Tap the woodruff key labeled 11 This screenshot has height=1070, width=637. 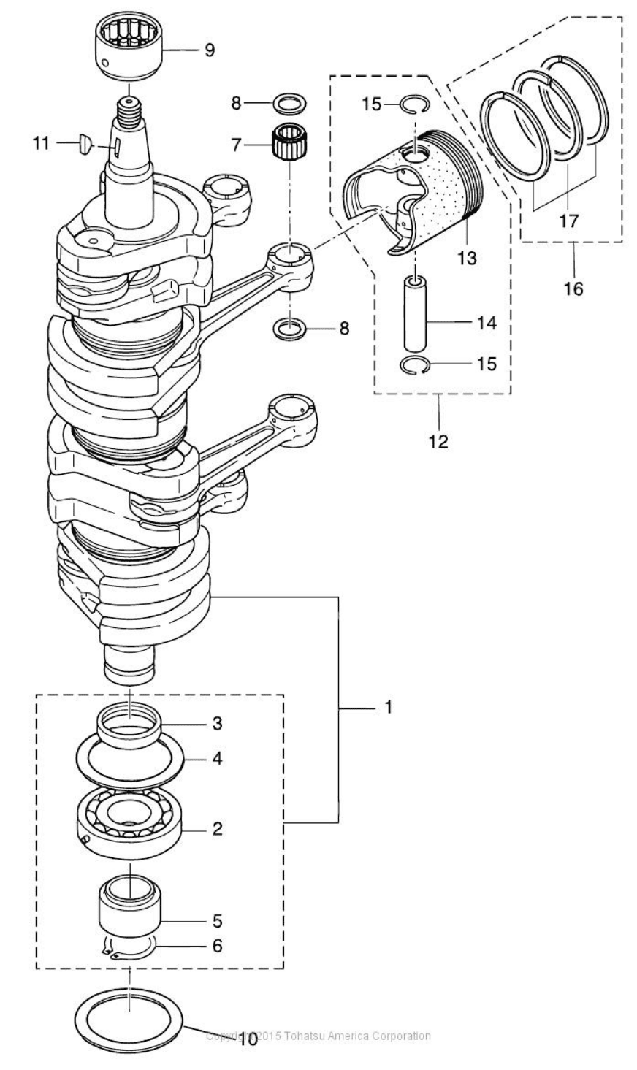click(85, 144)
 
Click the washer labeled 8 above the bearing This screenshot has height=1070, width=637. click(289, 104)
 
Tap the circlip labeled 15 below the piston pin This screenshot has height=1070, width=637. click(413, 364)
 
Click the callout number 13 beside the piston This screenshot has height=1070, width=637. click(466, 257)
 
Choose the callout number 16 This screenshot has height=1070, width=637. click(573, 288)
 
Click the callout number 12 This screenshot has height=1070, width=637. click(439, 441)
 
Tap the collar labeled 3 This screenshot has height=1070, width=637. click(129, 725)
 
